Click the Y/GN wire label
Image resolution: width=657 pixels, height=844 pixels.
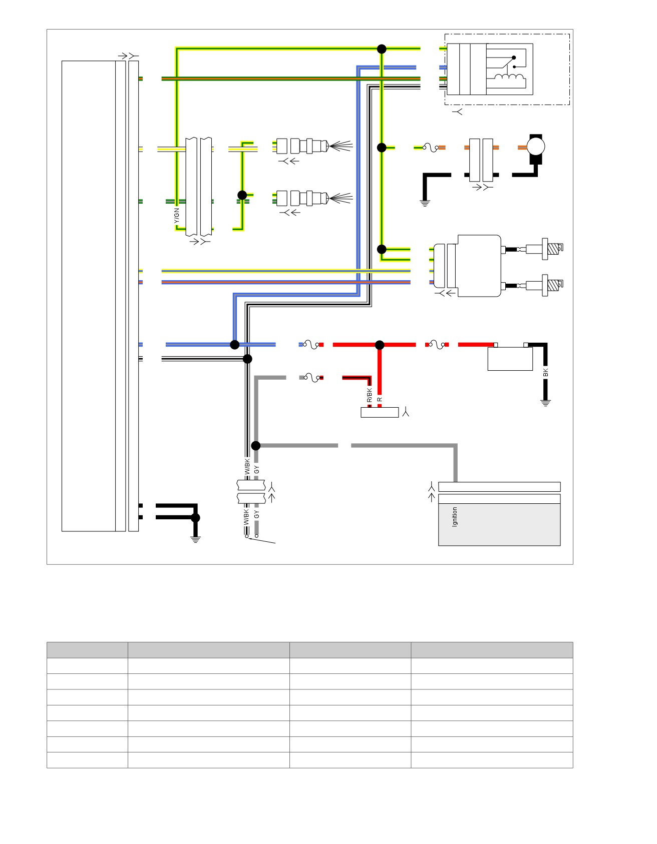176,216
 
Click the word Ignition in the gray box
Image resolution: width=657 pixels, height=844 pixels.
455,517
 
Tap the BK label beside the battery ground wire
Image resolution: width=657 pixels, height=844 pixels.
546,373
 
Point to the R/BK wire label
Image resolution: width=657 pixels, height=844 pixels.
370,395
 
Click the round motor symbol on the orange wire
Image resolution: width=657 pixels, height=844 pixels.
536,147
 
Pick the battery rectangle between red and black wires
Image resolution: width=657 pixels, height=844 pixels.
510,358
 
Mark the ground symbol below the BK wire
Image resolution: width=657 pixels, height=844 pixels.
545,403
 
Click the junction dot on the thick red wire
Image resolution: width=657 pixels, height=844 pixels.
380,345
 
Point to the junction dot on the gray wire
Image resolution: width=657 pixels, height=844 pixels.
256,445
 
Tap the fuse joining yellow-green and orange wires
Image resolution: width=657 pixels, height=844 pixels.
431,148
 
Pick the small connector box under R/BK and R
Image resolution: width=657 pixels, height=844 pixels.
380,412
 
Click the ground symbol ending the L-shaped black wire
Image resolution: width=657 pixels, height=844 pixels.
425,203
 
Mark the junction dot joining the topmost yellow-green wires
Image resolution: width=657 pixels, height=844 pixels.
382,49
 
